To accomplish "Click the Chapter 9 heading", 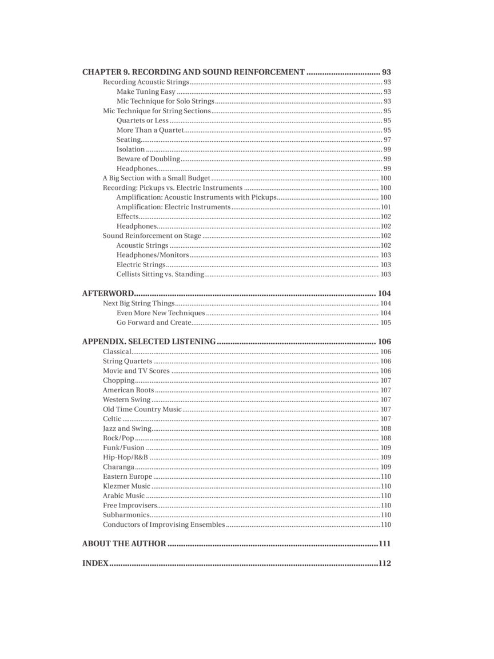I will pyautogui.click(x=193, y=72).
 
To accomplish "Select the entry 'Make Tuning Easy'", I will pyautogui.click(x=146, y=92).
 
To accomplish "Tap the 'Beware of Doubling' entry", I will pyautogui.click(x=148, y=159).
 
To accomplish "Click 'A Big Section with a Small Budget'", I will pyautogui.click(x=157, y=178).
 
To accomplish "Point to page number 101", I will pyautogui.click(x=386, y=207).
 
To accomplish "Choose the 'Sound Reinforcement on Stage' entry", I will pyautogui.click(x=152, y=236).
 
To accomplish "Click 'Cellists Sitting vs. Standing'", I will pyautogui.click(x=160, y=275).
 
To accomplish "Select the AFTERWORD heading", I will pyautogui.click(x=108, y=293).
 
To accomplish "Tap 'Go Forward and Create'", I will pyautogui.click(x=154, y=323).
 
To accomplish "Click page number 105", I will pyautogui.click(x=386, y=323).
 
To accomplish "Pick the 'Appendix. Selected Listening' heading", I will pyautogui.click(x=149, y=342).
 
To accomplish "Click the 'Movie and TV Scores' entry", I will pyautogui.click(x=136, y=371).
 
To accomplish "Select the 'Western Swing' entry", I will pyautogui.click(x=126, y=400).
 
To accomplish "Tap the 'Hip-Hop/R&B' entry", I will pyautogui.click(x=125, y=457).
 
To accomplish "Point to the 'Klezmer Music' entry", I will pyautogui.click(x=126, y=486).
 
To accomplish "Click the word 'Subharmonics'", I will pyautogui.click(x=126, y=515).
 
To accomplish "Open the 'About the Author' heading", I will pyautogui.click(x=124, y=543).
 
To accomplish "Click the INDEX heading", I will pyautogui.click(x=95, y=563).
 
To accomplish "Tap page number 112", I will pyautogui.click(x=384, y=563).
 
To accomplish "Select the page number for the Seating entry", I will pyautogui.click(x=387, y=140).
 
